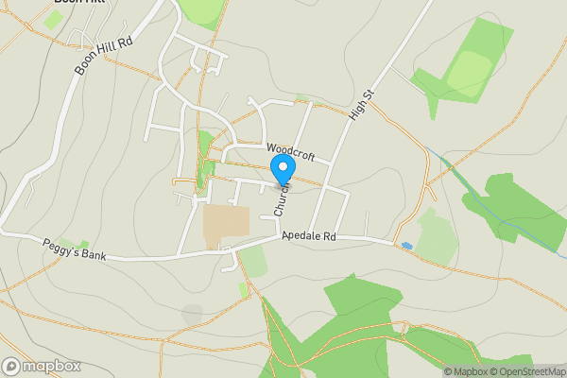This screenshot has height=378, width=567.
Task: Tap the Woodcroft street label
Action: [x=290, y=150]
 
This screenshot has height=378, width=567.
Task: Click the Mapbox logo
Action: [x=42, y=366]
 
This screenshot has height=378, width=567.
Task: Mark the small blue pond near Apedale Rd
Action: [x=406, y=246]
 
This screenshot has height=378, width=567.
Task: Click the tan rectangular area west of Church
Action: [x=226, y=223]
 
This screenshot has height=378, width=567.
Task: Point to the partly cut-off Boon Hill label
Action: [x=80, y=3]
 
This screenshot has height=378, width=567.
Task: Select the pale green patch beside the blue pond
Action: [x=436, y=236]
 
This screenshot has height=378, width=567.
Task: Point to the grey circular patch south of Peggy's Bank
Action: [x=192, y=311]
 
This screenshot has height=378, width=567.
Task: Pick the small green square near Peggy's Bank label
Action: [x=84, y=245]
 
